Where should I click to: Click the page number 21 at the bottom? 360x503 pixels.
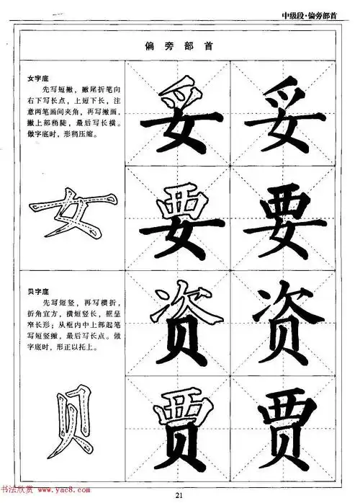(181, 494)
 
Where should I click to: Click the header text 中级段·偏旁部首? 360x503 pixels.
(315, 19)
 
